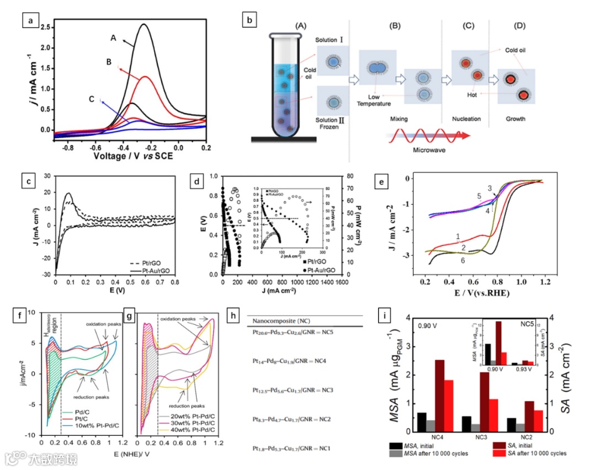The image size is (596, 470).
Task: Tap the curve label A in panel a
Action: (x=113, y=38)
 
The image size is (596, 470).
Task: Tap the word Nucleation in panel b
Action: (x=466, y=119)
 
